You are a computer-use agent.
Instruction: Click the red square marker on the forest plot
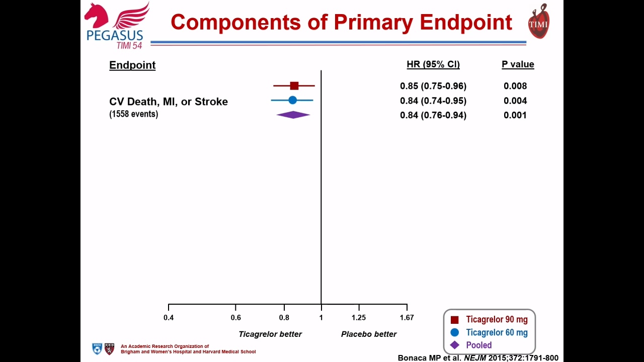click(294, 85)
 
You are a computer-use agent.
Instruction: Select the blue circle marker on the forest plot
click(292, 100)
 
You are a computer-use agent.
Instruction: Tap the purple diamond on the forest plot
click(293, 115)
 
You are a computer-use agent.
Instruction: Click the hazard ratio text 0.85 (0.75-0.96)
click(433, 86)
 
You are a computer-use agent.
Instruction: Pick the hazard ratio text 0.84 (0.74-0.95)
click(433, 101)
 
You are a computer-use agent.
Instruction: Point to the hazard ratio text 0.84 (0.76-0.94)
click(433, 115)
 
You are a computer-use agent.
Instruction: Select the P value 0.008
click(515, 86)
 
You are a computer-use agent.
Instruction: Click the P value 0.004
click(515, 101)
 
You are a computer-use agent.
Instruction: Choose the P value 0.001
click(515, 115)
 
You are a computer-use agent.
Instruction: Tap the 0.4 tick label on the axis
click(169, 317)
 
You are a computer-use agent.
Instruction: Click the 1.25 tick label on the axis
click(359, 317)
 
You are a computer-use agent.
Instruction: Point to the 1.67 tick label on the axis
click(407, 317)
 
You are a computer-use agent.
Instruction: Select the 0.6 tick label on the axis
click(236, 317)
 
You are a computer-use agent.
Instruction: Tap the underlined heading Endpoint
click(132, 65)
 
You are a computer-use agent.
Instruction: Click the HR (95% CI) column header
click(433, 64)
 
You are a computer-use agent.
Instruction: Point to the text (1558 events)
click(134, 114)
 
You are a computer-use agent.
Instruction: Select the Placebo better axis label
click(369, 334)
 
